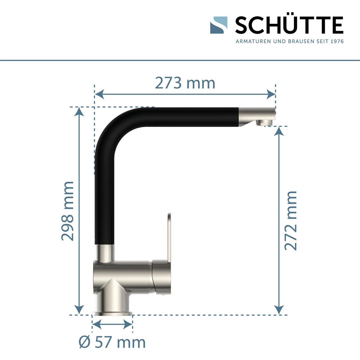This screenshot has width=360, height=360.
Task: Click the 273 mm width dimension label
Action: tap(185, 83)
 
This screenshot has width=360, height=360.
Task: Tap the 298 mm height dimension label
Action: tap(67, 211)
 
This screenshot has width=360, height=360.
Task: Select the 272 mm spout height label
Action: tap(290, 220)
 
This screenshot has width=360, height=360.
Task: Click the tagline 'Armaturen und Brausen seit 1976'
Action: tap(289, 41)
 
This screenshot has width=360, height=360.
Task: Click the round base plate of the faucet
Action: tap(112, 314)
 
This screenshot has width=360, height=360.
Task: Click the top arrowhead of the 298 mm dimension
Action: tap(79, 111)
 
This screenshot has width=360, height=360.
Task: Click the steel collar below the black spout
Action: tap(104, 252)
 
